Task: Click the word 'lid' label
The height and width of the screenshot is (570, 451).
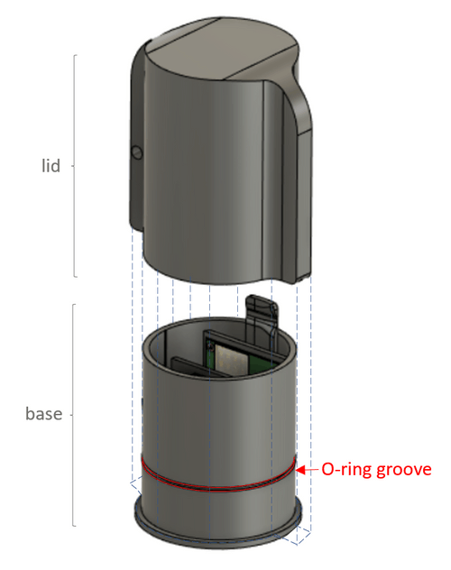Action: tap(51, 166)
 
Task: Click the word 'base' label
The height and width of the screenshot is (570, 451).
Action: tap(43, 414)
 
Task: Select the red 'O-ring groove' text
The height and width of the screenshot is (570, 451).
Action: tap(376, 470)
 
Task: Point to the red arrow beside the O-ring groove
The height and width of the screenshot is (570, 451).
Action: tap(308, 470)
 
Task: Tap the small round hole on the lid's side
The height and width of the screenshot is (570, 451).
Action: tap(137, 152)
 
